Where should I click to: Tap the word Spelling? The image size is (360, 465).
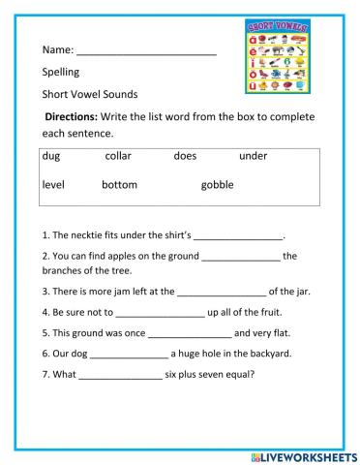pos(61,72)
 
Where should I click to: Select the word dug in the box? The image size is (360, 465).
pos(52,155)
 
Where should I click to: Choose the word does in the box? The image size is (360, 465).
pos(185,155)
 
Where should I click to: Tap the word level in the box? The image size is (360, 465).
pos(53,184)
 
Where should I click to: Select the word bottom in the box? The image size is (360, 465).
pos(119,184)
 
